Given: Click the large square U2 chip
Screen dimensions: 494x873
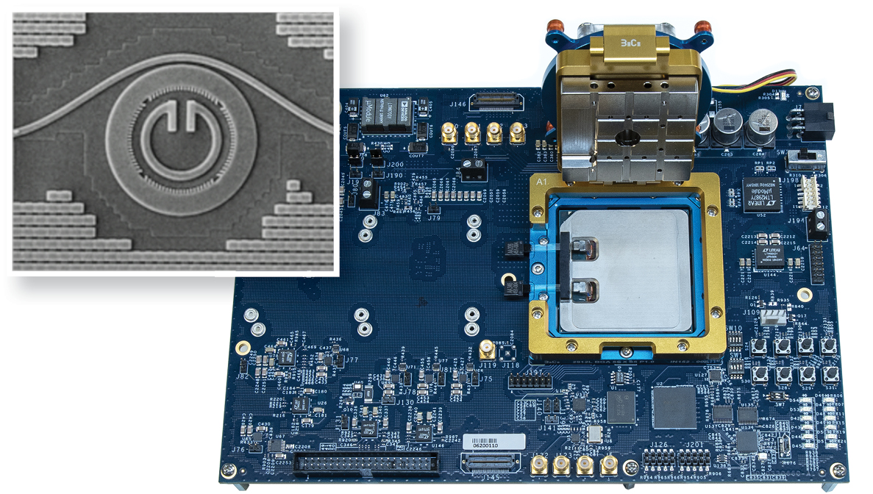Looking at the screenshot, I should tap(674, 407).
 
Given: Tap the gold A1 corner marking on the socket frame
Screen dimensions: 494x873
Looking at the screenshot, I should tap(544, 181).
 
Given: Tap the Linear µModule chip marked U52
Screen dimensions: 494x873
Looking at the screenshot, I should tap(761, 194).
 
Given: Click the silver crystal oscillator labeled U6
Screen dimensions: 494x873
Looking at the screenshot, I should tap(593, 434).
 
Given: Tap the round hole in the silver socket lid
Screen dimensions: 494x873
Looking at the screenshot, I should tap(626, 137).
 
